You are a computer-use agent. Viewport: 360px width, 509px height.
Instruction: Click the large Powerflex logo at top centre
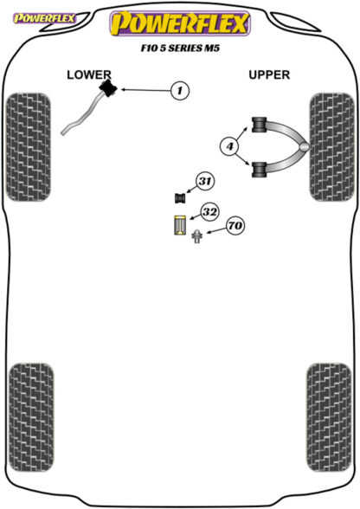click(180, 23)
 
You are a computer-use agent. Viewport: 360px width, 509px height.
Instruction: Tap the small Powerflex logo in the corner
click(44, 18)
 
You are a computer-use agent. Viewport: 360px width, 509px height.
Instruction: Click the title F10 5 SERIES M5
click(180, 48)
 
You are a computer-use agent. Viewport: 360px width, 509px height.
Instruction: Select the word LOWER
click(89, 75)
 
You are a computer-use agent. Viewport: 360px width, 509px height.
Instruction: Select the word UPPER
click(269, 75)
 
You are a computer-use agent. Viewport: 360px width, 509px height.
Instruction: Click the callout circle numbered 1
click(179, 90)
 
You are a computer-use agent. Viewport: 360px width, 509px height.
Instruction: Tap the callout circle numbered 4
click(229, 146)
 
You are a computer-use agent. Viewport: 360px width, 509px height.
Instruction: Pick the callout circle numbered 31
click(205, 181)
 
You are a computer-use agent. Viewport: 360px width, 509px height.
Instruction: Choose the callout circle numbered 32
click(209, 212)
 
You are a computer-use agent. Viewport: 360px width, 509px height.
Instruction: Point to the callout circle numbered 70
click(235, 225)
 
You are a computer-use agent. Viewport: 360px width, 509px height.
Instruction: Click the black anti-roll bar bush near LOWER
click(109, 88)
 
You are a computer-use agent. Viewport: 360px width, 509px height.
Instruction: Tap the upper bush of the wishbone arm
click(259, 125)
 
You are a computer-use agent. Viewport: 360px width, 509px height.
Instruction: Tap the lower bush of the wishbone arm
click(259, 169)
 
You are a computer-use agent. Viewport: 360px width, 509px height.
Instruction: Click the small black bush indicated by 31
click(180, 198)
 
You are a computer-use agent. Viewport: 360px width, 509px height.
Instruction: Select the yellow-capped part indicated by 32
click(179, 225)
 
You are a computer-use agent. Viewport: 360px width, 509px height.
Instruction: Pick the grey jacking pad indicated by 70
click(196, 236)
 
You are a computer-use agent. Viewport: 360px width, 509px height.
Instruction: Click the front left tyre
click(29, 147)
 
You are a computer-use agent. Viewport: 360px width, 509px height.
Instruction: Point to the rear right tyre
click(329, 417)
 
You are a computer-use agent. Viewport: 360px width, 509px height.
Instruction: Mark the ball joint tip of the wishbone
click(304, 147)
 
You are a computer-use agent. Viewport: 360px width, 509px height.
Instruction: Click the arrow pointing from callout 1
click(145, 90)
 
